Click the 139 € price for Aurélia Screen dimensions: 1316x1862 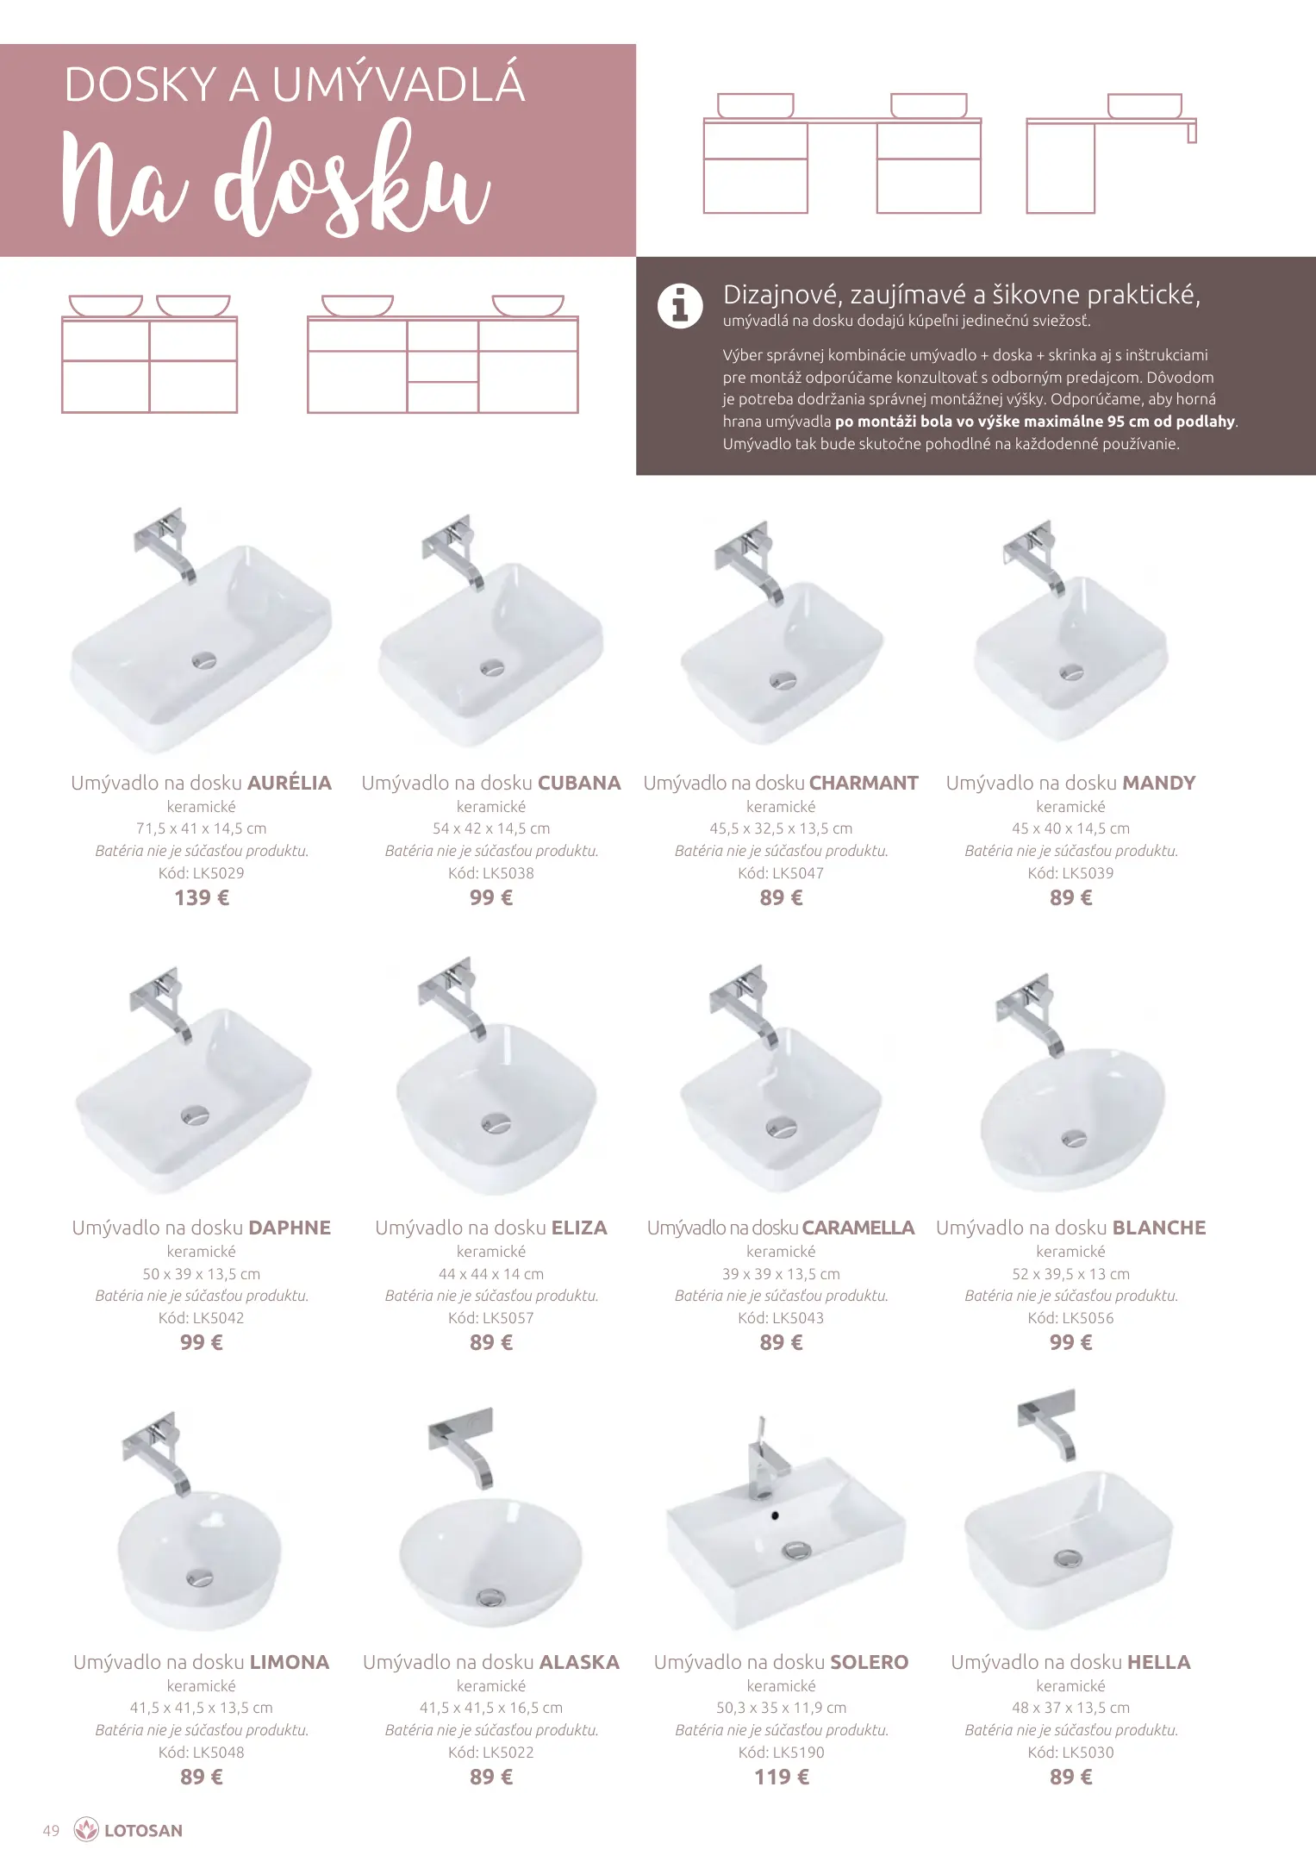(x=202, y=897)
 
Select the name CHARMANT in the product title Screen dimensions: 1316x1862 (x=864, y=783)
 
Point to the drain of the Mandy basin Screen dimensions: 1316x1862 (x=1071, y=672)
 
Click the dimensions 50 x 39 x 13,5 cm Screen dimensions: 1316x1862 (x=201, y=1273)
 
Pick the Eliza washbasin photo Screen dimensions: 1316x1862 (x=493, y=1078)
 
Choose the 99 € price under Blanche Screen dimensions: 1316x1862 (x=1070, y=1342)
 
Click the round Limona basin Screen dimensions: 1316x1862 (x=199, y=1560)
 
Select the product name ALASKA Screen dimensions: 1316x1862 (x=579, y=1662)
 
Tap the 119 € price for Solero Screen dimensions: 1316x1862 (x=782, y=1777)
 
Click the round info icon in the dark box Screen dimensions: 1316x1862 (x=680, y=306)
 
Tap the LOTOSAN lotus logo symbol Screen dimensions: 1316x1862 (x=86, y=1829)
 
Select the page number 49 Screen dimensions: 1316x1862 (x=51, y=1830)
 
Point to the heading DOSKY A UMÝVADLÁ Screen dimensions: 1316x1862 (x=295, y=84)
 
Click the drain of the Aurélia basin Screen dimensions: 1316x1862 (x=204, y=661)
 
